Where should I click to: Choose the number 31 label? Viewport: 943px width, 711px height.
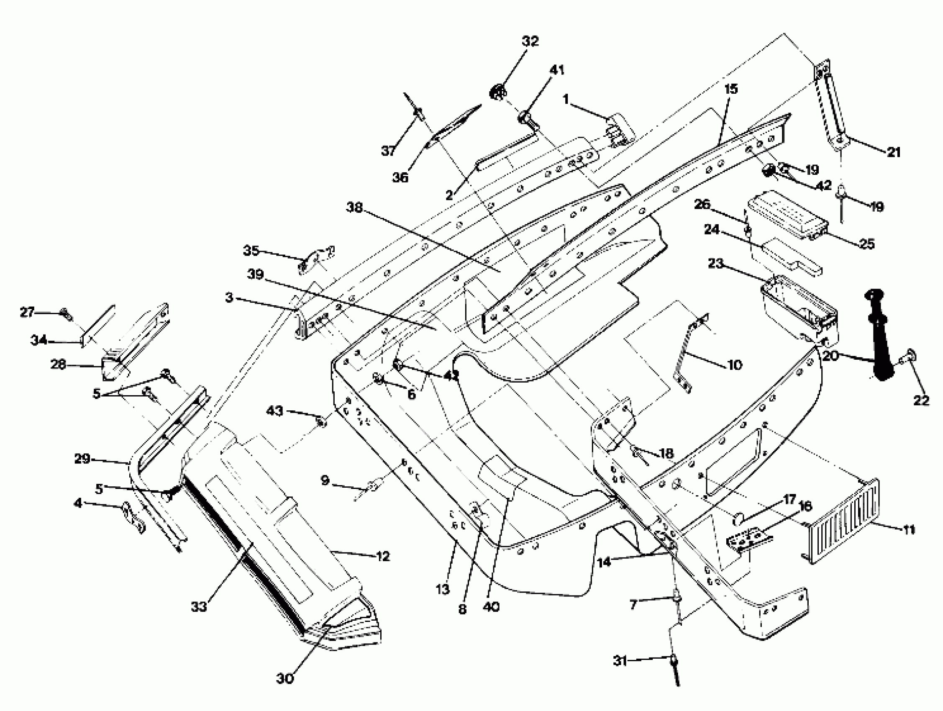(621, 661)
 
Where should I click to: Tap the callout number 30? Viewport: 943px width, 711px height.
(285, 678)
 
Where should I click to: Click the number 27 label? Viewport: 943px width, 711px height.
(27, 312)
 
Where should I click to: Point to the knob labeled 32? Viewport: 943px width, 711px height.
(497, 92)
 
